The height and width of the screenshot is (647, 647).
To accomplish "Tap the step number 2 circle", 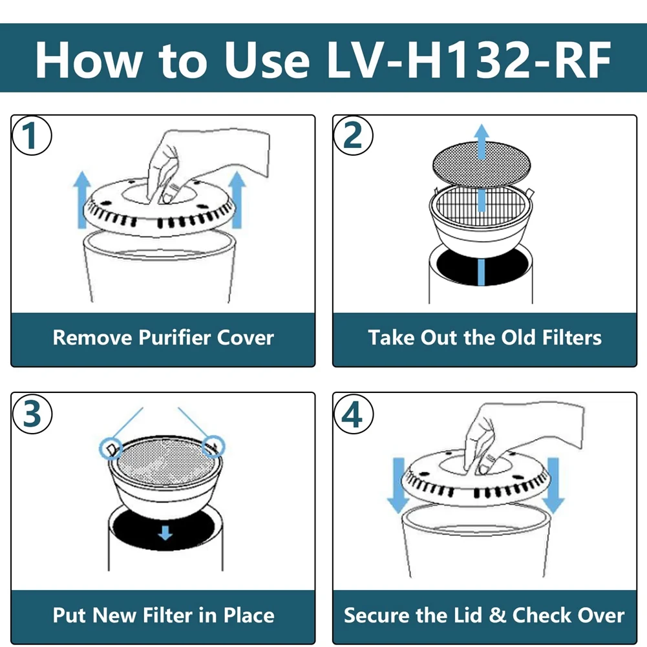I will [x=353, y=136].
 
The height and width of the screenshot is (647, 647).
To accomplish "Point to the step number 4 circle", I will [x=353, y=414].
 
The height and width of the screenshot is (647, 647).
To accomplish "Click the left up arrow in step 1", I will [x=81, y=200].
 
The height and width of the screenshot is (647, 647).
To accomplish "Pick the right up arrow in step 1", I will [x=238, y=200].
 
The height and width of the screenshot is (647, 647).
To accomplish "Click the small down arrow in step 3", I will [x=165, y=533].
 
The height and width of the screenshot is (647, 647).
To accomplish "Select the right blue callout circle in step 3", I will [x=213, y=445].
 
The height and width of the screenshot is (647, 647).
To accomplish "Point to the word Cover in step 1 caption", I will [x=245, y=337].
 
